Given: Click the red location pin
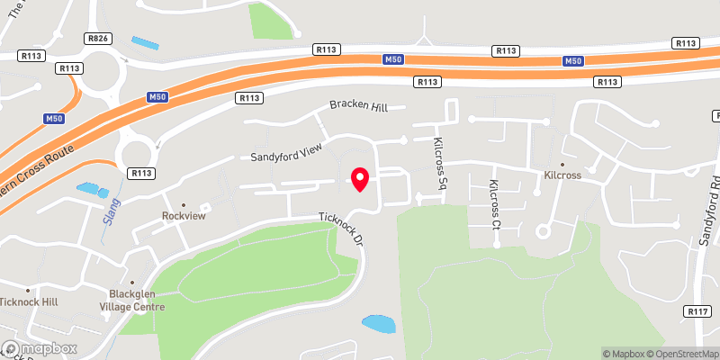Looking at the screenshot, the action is pos(360,178).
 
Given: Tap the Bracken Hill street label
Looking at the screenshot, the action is pos(357,107).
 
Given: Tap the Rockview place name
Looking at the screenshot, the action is pos(183,216).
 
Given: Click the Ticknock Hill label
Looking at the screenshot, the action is pos(29,302).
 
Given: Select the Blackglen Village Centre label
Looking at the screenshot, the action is pos(137,300).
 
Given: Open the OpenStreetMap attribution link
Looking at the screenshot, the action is pos(681,353).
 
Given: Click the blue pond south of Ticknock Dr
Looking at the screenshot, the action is pos(378,322).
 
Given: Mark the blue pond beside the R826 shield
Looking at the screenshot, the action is pos(144,42).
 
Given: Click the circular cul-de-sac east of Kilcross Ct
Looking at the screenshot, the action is pos(543,231).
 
